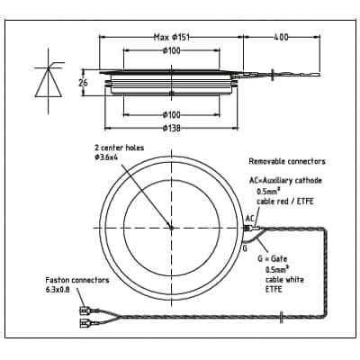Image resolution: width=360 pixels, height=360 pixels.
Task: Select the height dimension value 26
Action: pos(83,83)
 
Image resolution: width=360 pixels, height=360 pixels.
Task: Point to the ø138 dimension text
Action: pos(171,128)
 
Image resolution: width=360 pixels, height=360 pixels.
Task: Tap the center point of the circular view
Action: pos(171,227)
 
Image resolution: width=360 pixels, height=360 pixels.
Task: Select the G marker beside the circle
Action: pos(246,247)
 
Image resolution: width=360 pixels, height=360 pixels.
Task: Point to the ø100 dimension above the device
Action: pos(171,50)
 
